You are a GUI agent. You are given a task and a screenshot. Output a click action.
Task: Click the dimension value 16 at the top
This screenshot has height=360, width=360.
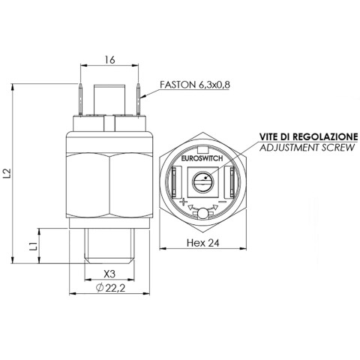[109, 60]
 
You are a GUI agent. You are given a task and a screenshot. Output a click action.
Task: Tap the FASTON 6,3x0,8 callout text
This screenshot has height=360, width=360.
[195, 85]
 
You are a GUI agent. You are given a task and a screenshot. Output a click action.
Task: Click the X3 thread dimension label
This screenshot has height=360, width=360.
[109, 274]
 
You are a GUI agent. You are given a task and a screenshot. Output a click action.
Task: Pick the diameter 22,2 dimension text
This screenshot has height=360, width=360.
[110, 288]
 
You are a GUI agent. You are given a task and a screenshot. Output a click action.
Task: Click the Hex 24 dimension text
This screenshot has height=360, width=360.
[202, 242]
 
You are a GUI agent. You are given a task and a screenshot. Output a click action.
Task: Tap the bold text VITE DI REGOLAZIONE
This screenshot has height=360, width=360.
[309, 136]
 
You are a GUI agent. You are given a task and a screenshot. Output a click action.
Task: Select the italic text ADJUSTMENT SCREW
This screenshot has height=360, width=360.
[307, 148]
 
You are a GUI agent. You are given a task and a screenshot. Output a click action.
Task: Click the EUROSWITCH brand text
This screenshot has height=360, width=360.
[202, 158]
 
